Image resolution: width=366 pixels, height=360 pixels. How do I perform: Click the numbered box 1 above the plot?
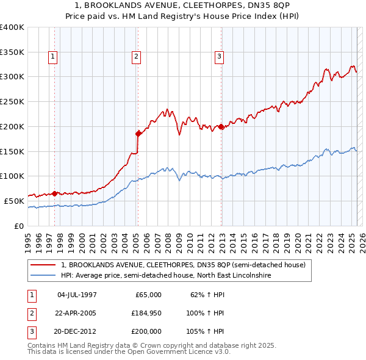(x=54, y=57)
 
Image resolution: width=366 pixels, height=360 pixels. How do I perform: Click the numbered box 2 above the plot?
(x=136, y=57)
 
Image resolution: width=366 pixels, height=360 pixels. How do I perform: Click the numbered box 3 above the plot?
(x=219, y=57)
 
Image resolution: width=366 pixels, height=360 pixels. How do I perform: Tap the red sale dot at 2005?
(x=138, y=133)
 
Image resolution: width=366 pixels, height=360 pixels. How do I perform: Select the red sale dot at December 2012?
(x=221, y=126)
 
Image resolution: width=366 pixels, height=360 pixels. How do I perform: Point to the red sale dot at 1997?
(x=54, y=193)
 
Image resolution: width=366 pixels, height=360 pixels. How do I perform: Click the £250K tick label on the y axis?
(x=12, y=101)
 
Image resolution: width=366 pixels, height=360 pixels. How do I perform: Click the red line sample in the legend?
(x=43, y=265)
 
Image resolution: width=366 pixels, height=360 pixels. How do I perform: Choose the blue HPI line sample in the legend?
(x=43, y=276)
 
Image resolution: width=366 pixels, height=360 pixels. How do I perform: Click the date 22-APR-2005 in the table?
(x=76, y=313)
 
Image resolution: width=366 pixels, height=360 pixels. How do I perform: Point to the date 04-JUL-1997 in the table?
(x=76, y=295)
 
